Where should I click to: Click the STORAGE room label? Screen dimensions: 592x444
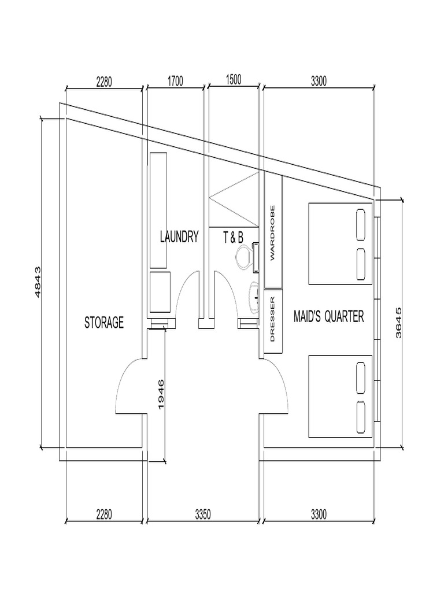104,323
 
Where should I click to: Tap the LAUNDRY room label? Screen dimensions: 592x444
179,237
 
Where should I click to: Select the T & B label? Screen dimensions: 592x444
233,237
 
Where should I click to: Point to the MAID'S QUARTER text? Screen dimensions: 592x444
328,317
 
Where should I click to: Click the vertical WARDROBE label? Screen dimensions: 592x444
273,232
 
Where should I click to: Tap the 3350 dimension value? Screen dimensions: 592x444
202,513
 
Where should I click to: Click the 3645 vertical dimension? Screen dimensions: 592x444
398,323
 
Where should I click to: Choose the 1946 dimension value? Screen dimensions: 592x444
161,394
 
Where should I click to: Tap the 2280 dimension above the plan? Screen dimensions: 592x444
104,81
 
